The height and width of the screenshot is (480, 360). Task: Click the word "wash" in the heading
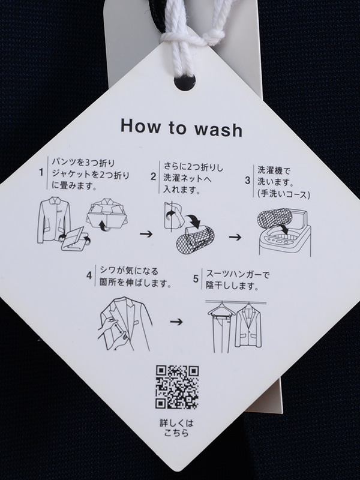[218, 129]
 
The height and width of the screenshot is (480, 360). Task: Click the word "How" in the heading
[140, 125]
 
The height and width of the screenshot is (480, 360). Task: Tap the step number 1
[41, 173]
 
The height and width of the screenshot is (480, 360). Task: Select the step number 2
[154, 176]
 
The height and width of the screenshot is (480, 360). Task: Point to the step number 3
[248, 181]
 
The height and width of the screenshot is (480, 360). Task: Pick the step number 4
[89, 275]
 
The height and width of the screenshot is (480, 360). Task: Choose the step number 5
[196, 279]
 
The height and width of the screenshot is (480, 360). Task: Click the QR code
[177, 387]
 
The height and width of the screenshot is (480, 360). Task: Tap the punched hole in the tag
[185, 82]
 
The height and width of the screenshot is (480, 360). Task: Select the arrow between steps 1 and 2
[146, 234]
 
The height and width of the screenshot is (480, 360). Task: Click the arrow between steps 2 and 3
[235, 237]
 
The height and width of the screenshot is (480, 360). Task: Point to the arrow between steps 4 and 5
[176, 322]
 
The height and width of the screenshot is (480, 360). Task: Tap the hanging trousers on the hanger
[221, 327]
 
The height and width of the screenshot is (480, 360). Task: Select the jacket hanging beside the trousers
[248, 327]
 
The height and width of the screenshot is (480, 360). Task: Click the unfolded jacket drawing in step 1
[53, 220]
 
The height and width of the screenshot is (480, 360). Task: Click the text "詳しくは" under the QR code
[176, 424]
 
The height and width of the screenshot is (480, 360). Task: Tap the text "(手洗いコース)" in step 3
[284, 194]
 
